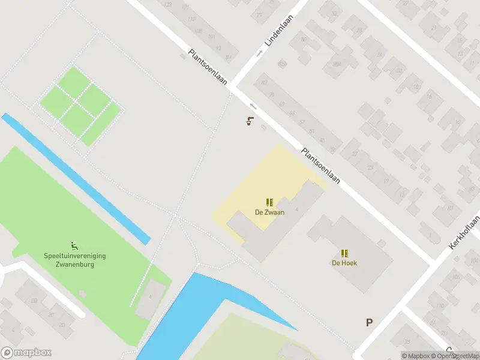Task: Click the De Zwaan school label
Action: [x=269, y=212]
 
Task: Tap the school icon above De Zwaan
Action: [x=269, y=202]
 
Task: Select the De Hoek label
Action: [x=344, y=263]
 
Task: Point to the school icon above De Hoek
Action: [x=344, y=253]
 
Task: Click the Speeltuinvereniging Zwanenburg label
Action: [x=75, y=259]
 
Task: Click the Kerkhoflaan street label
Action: [x=465, y=233]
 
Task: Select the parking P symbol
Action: [x=370, y=323]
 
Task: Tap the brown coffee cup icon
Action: [x=250, y=121]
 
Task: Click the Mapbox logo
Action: [x=26, y=353]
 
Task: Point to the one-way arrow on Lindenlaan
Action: [x=260, y=53]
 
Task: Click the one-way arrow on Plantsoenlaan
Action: [x=253, y=106]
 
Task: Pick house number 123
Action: [x=167, y=5]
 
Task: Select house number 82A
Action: [x=337, y=64]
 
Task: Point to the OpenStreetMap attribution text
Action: [x=457, y=356]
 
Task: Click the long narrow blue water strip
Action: [x=75, y=178]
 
